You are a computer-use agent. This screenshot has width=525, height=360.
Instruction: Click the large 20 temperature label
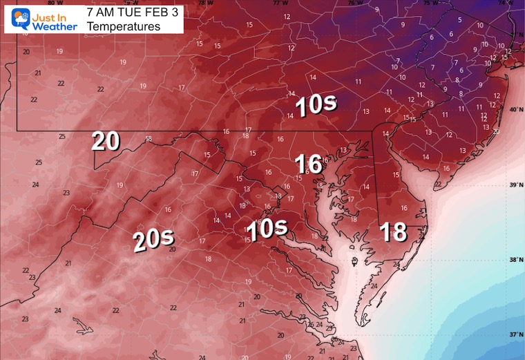[106, 141]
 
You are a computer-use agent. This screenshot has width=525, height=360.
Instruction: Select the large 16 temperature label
[308, 164]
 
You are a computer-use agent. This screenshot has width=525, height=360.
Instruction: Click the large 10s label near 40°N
[316, 105]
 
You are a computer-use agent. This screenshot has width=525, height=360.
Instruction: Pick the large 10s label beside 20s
[267, 229]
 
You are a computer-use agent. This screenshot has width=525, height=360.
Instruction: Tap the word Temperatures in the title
[124, 26]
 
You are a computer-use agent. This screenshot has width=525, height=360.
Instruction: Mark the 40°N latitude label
[514, 109]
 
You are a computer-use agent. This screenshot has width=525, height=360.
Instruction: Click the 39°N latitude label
[514, 185]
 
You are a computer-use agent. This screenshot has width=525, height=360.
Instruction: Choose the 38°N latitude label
[514, 260]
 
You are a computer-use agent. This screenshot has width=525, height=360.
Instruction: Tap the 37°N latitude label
[514, 334]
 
